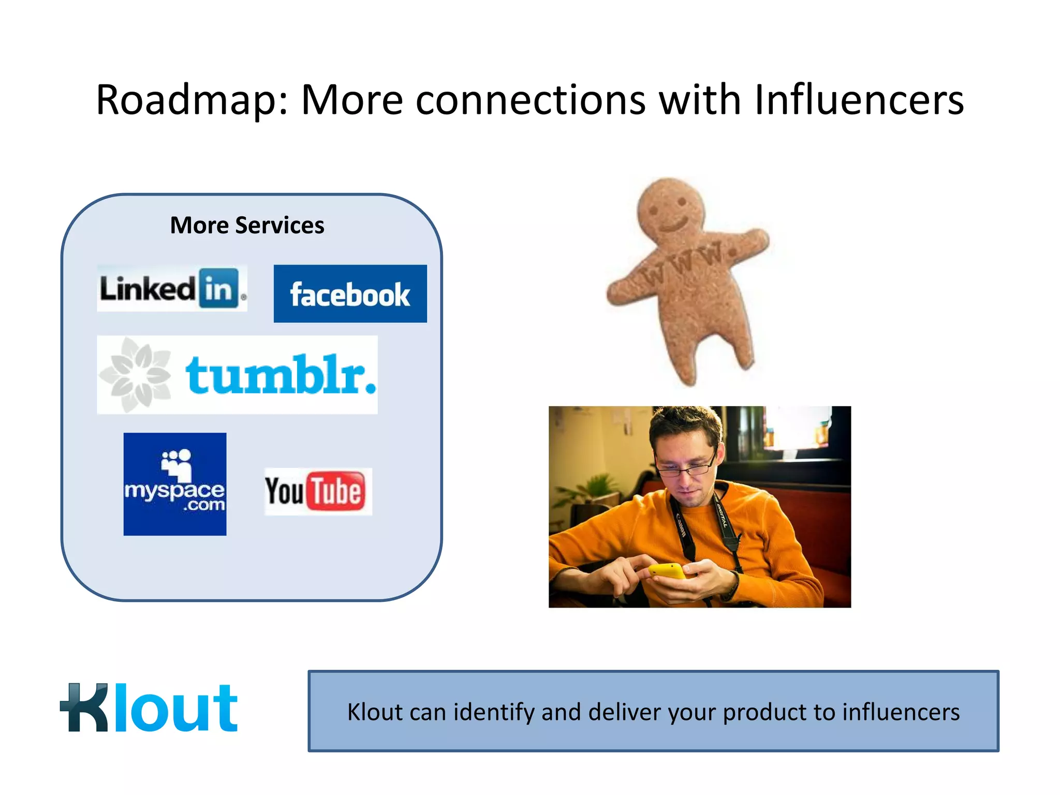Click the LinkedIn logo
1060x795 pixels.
(172, 289)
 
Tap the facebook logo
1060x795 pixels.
(350, 294)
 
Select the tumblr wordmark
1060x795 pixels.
(280, 375)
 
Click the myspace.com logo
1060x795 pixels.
(175, 484)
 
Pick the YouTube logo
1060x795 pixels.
(318, 491)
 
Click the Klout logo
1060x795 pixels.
(149, 708)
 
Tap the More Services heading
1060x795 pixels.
(247, 225)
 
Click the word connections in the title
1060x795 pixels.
(531, 99)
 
